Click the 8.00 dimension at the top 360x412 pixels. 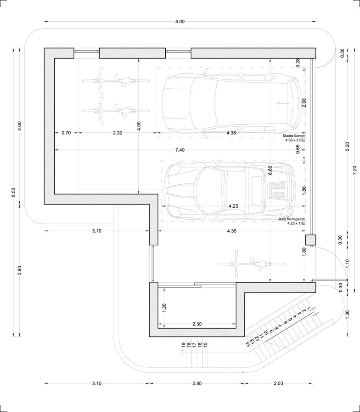click(180, 22)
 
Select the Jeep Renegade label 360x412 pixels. click(291, 219)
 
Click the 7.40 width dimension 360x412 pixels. click(180, 150)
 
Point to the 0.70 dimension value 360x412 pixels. click(66, 133)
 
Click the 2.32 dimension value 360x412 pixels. click(117, 133)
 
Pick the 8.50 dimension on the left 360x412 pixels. click(13, 192)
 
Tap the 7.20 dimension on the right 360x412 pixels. click(354, 170)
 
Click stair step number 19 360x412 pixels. click(183, 344)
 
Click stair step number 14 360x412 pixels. click(247, 344)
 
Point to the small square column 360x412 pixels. click(311, 240)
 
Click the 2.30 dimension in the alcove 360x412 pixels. click(197, 324)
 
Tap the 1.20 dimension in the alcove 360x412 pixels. click(164, 306)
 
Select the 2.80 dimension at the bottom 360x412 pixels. click(197, 383)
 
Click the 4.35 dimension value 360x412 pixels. click(232, 231)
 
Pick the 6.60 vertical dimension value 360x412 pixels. click(270, 170)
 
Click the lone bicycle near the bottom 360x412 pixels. click(251, 264)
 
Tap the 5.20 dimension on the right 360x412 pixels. click(348, 146)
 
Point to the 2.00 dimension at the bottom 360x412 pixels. click(278, 383)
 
